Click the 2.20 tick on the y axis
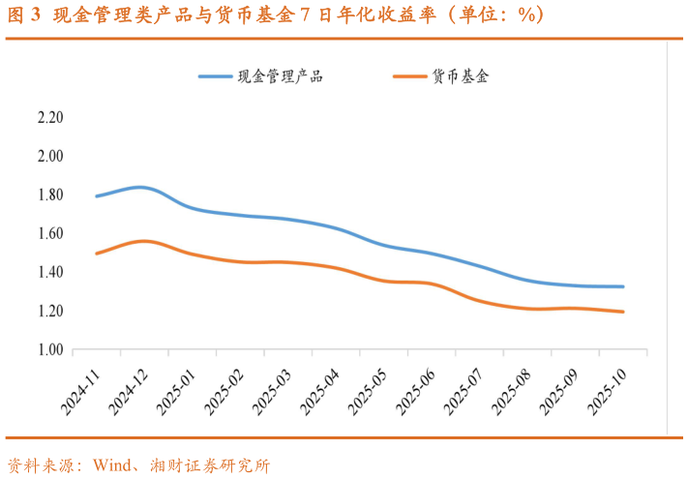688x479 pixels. point(49,118)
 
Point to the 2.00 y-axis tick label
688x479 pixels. point(49,157)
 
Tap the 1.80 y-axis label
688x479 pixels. point(49,195)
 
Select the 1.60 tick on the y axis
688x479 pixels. point(49,234)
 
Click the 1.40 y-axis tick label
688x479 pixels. point(49,273)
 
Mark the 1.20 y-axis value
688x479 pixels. point(49,312)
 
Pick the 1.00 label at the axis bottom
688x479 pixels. point(49,350)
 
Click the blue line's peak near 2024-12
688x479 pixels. point(140,187)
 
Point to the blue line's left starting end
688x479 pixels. point(97,196)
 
